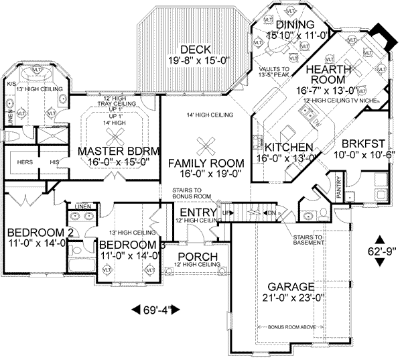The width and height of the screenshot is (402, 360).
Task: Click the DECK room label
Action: (x=196, y=50)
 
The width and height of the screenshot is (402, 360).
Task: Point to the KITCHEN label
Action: (x=288, y=147)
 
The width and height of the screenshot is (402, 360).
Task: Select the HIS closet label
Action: (x=54, y=162)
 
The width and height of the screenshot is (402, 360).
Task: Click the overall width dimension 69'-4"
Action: (x=154, y=310)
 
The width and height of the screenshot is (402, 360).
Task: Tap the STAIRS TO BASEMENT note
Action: (x=308, y=241)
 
